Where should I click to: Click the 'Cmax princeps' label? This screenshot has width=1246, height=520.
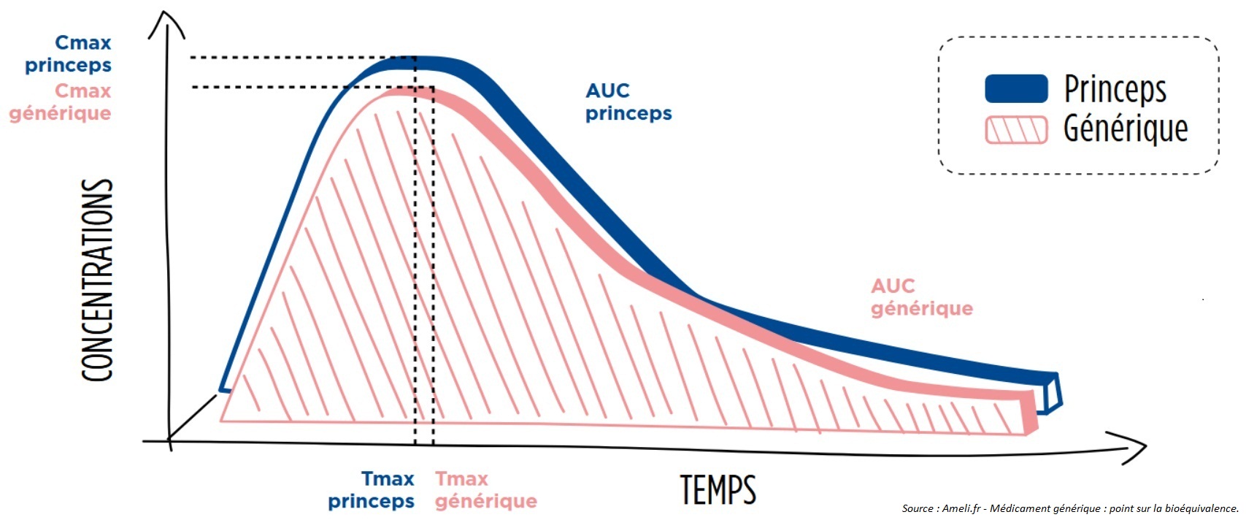[69, 54]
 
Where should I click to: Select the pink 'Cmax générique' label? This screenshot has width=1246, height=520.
[61, 102]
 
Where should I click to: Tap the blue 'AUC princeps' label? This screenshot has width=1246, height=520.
[628, 102]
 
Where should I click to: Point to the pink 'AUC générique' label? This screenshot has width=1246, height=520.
[921, 297]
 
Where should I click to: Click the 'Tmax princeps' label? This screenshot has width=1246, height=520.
[372, 490]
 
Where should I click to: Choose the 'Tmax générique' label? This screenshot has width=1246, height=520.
[485, 490]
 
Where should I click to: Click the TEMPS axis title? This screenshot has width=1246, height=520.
[718, 489]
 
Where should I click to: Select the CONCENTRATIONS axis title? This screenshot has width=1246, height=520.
[97, 280]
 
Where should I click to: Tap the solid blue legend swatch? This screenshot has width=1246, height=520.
[1016, 88]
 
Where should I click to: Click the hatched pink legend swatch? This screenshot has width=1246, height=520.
[1016, 130]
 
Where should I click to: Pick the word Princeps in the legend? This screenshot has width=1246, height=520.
[1115, 89]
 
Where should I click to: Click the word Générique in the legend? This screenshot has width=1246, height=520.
[1125, 129]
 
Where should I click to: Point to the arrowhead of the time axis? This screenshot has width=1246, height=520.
[1139, 445]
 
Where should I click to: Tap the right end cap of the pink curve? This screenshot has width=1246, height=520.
[1030, 413]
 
